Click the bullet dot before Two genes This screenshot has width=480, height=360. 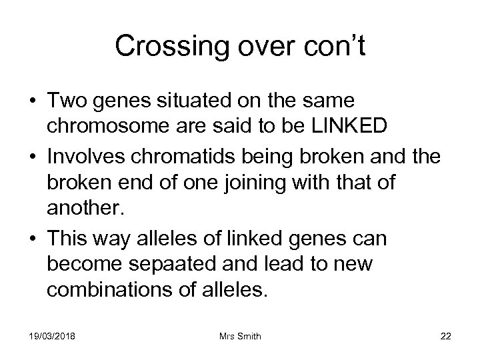coord(33,102)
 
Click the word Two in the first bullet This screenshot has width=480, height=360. coord(67,101)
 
